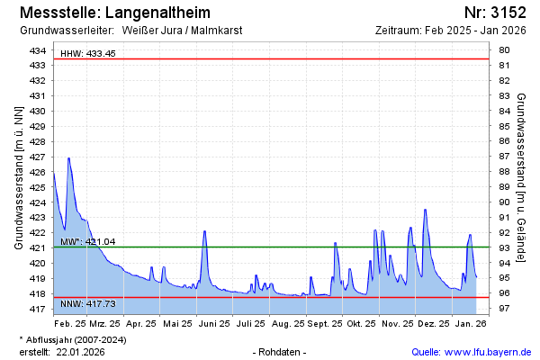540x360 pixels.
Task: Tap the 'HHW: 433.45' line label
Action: (88, 54)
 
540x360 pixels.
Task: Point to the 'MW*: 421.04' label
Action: (88, 242)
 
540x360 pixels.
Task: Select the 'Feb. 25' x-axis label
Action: (70, 323)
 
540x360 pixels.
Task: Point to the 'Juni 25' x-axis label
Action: (213, 323)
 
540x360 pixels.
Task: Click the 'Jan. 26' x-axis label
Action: (468, 323)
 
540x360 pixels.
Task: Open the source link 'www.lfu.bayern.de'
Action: (487, 352)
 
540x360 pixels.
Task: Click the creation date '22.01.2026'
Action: (80, 352)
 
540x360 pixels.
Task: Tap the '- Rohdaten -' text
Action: (281, 352)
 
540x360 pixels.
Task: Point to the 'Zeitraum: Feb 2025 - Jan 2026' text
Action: (450, 31)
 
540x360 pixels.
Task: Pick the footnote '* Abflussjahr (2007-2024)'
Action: (72, 339)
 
